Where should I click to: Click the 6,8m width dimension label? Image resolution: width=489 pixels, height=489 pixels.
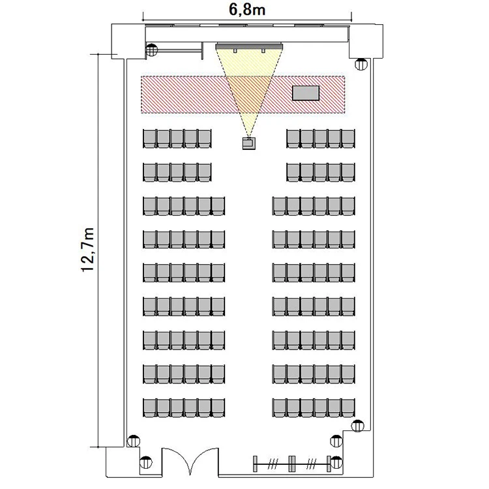(247, 9)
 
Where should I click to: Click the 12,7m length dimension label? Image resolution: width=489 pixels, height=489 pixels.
(87, 250)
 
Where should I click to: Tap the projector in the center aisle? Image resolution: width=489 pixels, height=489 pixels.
(249, 143)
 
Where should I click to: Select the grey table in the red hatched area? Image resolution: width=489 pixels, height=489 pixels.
(306, 93)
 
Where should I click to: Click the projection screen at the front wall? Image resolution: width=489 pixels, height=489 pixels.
(249, 46)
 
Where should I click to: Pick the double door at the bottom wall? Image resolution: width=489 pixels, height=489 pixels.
(190, 461)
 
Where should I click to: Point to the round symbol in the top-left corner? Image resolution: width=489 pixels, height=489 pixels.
(152, 50)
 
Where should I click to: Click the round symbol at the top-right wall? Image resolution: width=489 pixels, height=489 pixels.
(361, 65)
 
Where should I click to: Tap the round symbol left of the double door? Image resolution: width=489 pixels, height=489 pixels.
(145, 462)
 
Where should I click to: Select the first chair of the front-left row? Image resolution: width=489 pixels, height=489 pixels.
(149, 138)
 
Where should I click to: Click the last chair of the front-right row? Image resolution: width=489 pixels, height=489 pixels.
(348, 138)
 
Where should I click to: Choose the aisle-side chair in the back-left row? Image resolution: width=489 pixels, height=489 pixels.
(218, 407)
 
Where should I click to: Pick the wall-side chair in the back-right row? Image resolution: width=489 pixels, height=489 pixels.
(348, 407)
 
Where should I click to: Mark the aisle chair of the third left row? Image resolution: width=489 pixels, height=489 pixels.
(218, 206)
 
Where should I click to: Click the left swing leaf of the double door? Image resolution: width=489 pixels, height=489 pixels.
(175, 461)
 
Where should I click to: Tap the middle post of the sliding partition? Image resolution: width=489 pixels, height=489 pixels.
(292, 464)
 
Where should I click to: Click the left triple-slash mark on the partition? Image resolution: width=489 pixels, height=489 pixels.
(273, 464)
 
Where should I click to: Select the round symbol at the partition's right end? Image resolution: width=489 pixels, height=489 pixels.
(336, 462)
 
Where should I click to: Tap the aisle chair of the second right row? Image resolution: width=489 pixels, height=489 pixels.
(293, 172)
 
